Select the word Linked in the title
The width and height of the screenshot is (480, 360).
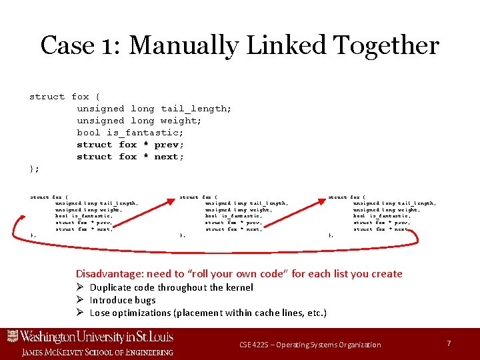coord(287,45)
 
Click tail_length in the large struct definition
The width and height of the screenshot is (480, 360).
coord(196,109)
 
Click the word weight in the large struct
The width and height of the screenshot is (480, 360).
coord(179,121)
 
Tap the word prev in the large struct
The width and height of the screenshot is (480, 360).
coord(169,145)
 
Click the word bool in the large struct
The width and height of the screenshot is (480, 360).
coord(89,133)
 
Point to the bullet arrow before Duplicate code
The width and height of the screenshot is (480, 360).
coord(79,287)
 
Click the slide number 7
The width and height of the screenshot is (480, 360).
coord(449,343)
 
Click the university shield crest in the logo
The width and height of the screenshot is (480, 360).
coord(12,337)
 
